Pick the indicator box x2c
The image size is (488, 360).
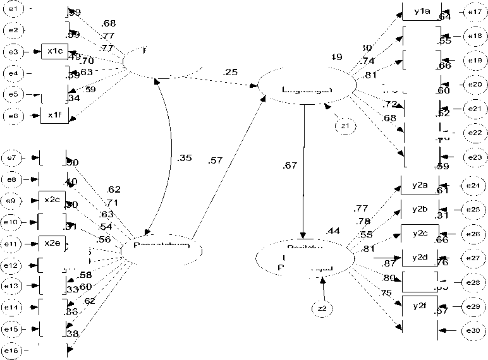point(52,200)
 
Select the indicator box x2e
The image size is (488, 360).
point(52,243)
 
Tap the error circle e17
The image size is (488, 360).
point(473,12)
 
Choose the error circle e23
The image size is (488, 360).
point(473,157)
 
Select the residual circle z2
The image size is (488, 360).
point(322,308)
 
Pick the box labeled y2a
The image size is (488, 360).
point(420,185)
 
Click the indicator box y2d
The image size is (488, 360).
point(420,257)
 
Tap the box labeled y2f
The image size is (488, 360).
point(420,306)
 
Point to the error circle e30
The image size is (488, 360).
point(473,330)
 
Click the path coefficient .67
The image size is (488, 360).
point(290,166)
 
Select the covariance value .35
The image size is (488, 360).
point(185,159)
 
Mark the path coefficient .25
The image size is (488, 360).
point(230,72)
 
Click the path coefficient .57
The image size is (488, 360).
point(216,160)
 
